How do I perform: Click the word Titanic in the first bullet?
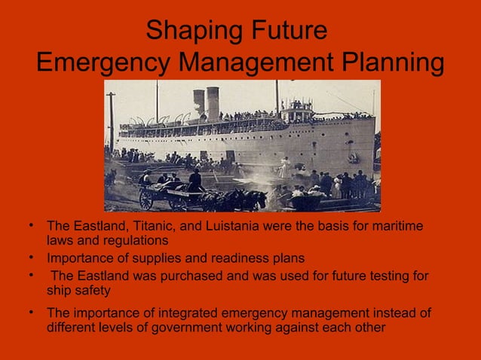tap(144, 226)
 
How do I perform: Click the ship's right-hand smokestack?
tap(213, 100)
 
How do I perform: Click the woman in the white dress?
tap(285, 167)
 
